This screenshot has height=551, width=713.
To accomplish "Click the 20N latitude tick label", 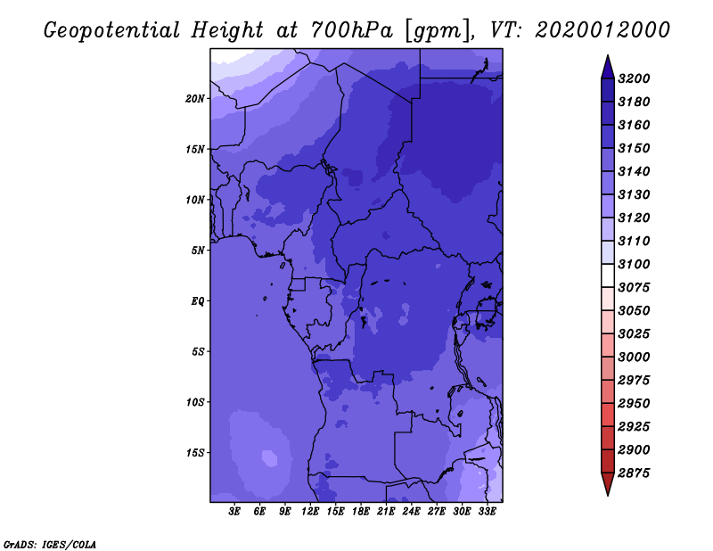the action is coord(195,99).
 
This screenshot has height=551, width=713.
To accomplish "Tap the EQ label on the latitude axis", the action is coord(198,301).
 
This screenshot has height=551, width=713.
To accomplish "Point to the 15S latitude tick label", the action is coord(195,453).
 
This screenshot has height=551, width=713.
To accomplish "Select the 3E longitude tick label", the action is coord(234,512).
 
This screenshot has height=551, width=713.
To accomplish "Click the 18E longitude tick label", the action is coord(361,512).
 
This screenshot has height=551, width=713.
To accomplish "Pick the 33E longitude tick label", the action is coord(487,512).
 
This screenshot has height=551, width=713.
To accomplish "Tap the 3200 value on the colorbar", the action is coord(634,78).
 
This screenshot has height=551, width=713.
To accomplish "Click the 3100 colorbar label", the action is coord(634,264).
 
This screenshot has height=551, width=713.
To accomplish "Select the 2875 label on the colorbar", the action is coord(634,473).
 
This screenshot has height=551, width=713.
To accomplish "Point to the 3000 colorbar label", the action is coord(634,357).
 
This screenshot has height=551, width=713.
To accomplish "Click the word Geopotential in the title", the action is coord(112,31).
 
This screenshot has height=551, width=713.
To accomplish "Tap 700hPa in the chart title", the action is coord(351,30).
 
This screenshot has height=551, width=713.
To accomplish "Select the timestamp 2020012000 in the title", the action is coord(602,30).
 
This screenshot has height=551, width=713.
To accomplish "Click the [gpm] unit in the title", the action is coord(438,31).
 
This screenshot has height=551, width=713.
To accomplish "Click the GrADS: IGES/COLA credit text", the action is coord(50,545).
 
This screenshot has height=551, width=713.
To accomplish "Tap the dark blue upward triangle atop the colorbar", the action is coord(608,69).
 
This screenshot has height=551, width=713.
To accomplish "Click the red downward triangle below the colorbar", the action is coord(608,483).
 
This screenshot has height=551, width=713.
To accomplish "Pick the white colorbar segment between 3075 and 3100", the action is coord(608,275).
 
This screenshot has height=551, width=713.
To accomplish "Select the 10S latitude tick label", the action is coord(195,402).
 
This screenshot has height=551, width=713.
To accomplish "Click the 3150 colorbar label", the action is coord(634,148).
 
